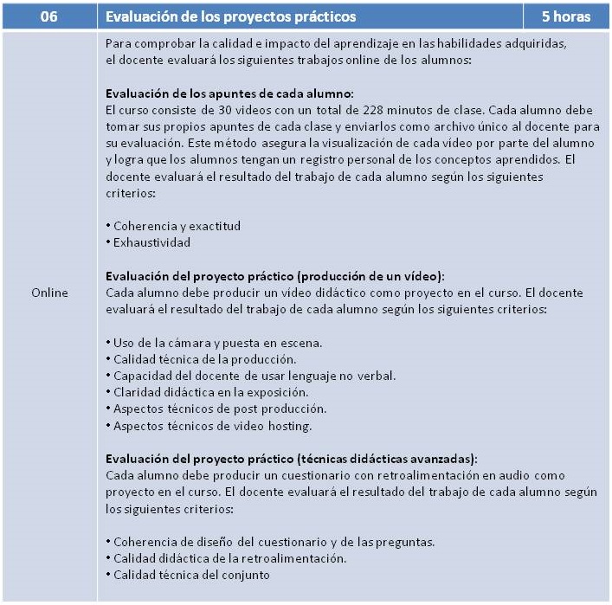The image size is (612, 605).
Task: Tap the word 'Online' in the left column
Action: point(48,293)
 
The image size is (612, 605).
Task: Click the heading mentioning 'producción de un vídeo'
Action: point(274,276)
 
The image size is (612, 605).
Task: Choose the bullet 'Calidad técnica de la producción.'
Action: point(204,358)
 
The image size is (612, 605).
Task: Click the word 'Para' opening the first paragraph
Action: point(116,43)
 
